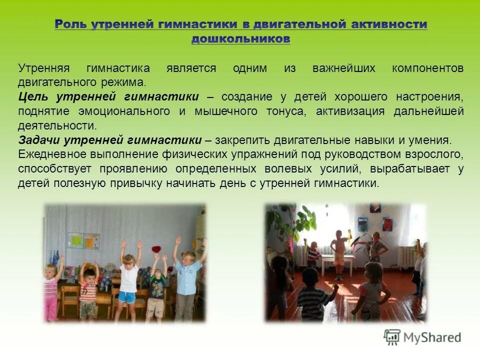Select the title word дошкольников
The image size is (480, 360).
(x=240, y=39)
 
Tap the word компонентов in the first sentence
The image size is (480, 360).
(x=428, y=68)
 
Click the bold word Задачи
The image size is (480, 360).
(x=38, y=140)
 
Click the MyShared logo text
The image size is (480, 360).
(x=433, y=337)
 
